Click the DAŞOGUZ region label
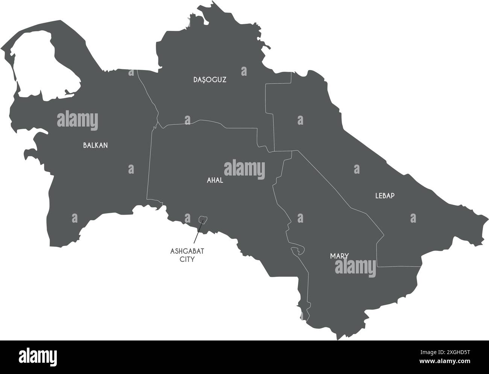click(x=210, y=80)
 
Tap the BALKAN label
click(x=95, y=145)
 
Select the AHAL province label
click(x=215, y=180)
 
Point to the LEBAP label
click(x=384, y=196)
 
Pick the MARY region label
click(x=339, y=256)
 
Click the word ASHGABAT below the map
click(x=187, y=251)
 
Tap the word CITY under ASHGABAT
click(x=187, y=260)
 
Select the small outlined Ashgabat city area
click(x=202, y=218)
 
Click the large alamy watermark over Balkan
click(x=77, y=121)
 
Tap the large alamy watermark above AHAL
click(x=244, y=169)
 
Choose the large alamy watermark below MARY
click(x=355, y=268)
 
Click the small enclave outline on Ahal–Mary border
click(x=297, y=250)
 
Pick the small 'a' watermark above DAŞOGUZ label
click(x=244, y=71)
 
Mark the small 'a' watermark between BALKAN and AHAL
click(x=131, y=169)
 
